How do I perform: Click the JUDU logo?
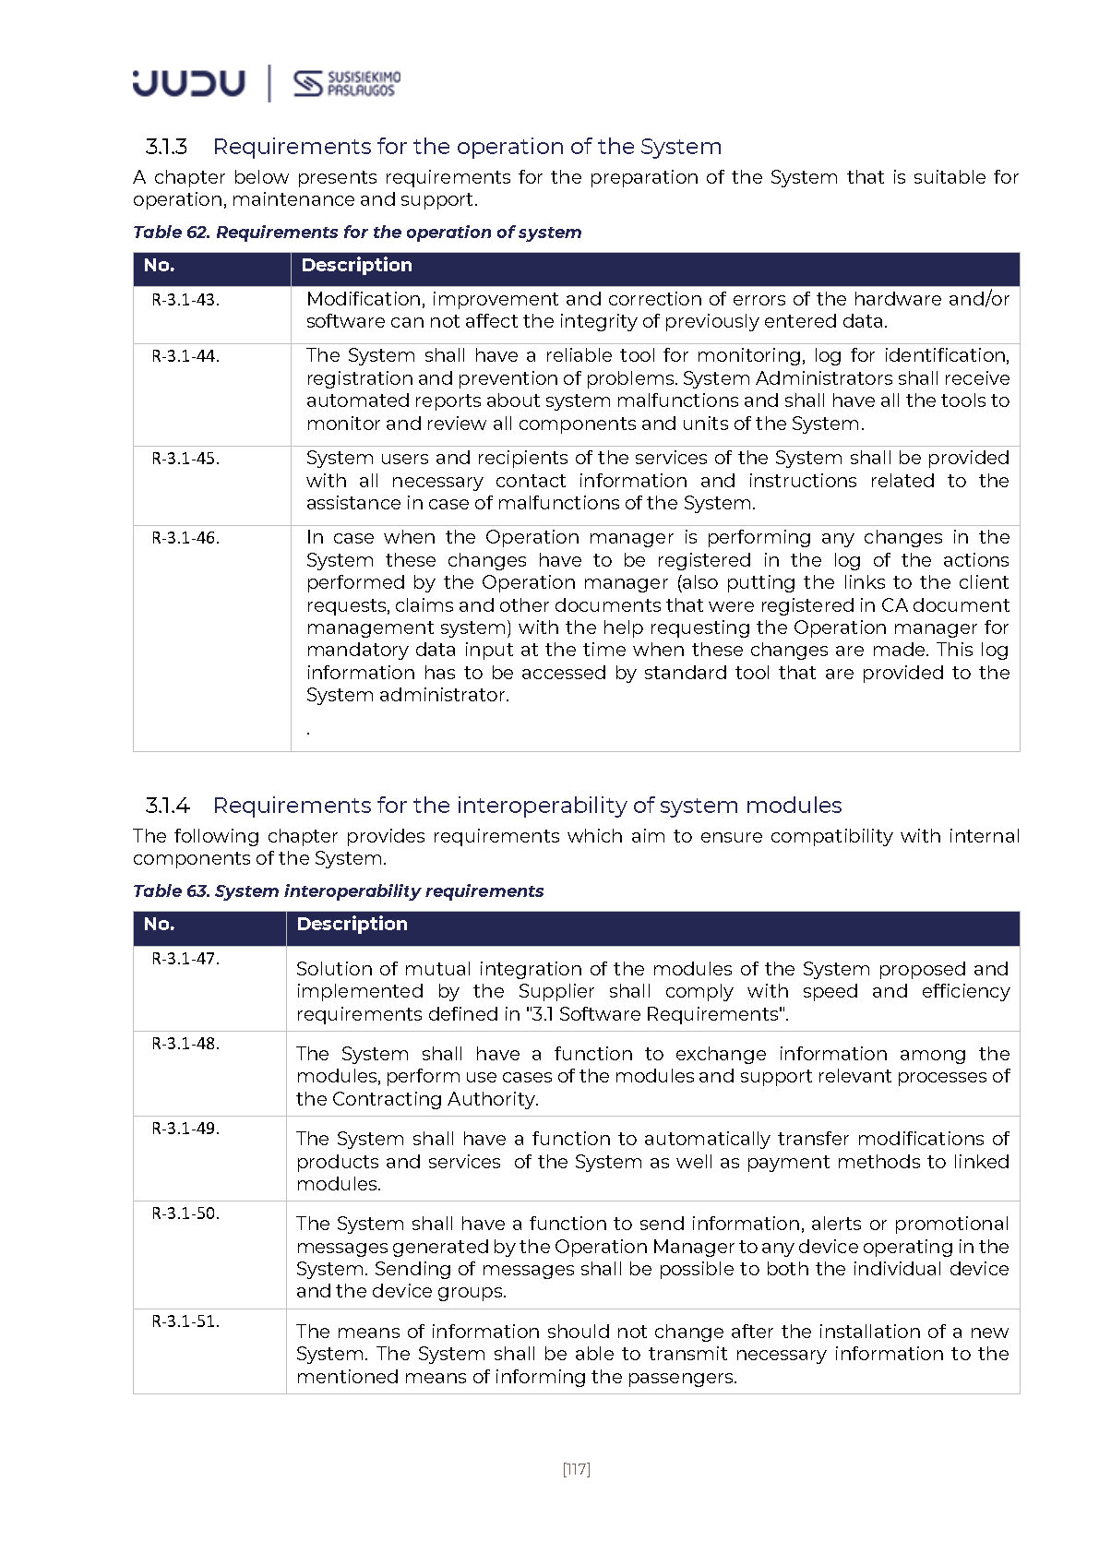188,83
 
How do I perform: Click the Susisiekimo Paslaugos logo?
347,83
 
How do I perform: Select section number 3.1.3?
166,147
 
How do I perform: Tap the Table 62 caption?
357,232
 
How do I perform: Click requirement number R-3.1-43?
185,300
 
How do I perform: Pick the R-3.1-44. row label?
185,356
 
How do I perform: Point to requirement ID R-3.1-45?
185,459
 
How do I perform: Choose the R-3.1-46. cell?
185,538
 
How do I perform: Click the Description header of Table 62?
356,266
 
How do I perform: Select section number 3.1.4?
167,806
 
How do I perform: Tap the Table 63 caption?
338,891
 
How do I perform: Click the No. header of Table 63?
159,924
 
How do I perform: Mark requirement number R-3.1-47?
185,959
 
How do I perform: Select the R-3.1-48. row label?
185,1044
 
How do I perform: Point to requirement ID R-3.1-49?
185,1129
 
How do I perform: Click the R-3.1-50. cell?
185,1213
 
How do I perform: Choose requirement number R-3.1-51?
185,1321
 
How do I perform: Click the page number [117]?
576,1469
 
